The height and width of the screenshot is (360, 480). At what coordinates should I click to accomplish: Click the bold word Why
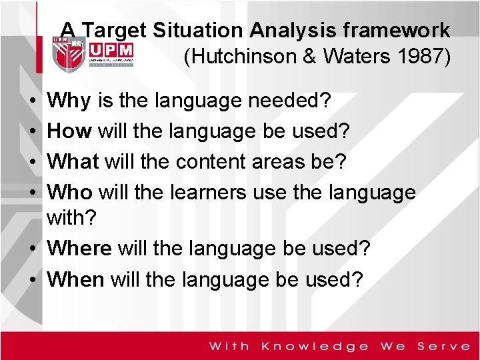click(x=69, y=101)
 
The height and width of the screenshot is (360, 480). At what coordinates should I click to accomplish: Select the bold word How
click(x=70, y=131)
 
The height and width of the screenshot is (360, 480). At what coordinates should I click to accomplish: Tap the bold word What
click(x=73, y=161)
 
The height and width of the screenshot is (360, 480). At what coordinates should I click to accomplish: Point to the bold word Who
click(x=70, y=192)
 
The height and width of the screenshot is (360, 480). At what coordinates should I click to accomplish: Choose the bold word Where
click(x=80, y=249)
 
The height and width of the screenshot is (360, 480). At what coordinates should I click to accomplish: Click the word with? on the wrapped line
click(x=69, y=219)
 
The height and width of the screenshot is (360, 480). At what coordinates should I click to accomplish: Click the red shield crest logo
click(x=67, y=54)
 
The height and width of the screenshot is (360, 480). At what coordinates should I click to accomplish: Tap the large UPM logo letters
click(x=111, y=51)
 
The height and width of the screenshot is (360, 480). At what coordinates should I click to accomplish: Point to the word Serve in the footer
click(x=443, y=346)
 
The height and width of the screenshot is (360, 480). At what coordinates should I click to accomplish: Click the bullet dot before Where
click(x=33, y=249)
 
